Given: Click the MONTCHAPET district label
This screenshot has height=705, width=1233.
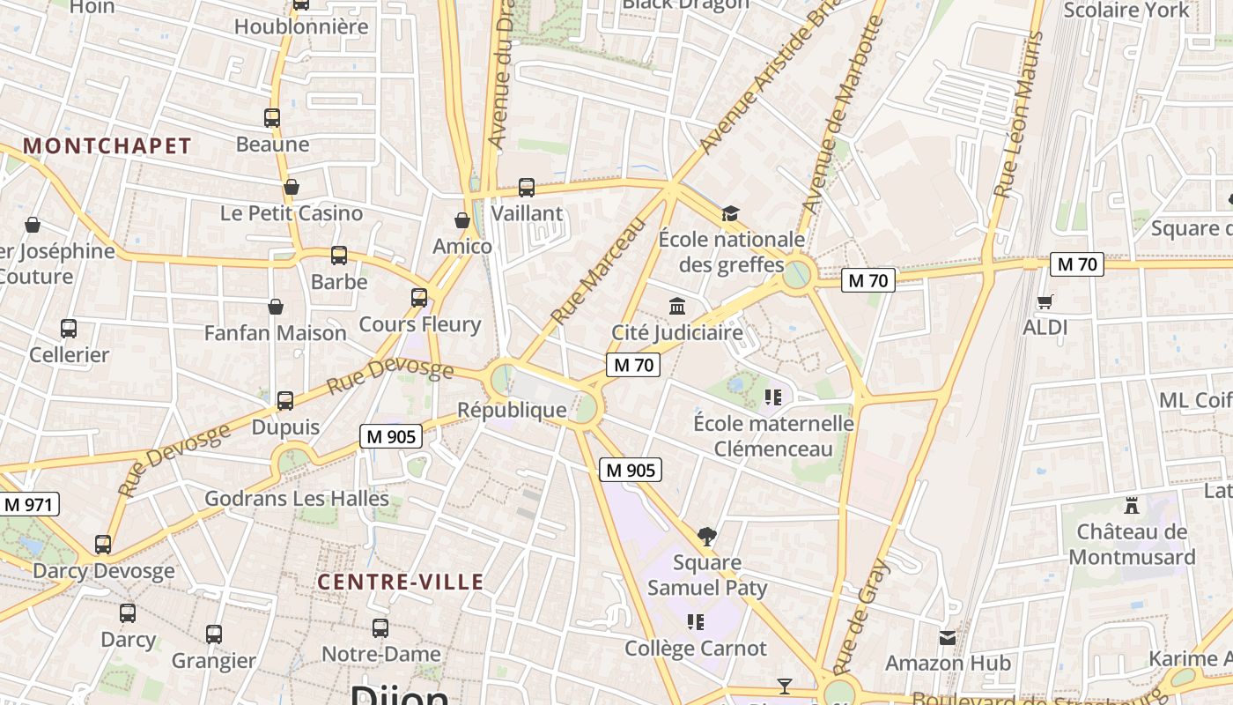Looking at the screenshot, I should [107, 146].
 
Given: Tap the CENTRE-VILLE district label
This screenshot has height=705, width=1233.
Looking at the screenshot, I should [401, 582].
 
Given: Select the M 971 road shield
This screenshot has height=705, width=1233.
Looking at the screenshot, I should [29, 505].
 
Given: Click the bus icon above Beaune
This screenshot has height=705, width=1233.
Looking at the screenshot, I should [272, 118].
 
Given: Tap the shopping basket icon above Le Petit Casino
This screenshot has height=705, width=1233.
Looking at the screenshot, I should [292, 187].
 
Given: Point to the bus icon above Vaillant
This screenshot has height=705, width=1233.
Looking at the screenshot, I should [527, 187].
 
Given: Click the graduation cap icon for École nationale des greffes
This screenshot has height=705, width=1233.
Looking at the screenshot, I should [730, 213].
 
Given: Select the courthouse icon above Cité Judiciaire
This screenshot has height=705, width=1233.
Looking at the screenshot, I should [677, 307].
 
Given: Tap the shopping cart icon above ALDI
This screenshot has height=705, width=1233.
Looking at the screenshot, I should [1045, 302].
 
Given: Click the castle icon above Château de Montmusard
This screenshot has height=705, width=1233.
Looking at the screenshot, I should [1132, 506].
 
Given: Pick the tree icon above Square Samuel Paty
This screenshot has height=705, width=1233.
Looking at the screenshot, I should [706, 536].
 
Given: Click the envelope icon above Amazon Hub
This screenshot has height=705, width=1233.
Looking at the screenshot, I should [948, 637].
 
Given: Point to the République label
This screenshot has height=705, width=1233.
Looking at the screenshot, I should [512, 410].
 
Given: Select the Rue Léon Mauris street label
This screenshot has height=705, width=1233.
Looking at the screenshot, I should [1017, 115].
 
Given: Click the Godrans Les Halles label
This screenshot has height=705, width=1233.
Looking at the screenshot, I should [297, 499].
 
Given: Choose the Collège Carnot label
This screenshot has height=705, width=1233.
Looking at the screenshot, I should [696, 649].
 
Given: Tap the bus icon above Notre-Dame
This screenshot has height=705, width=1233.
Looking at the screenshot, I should [380, 628].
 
